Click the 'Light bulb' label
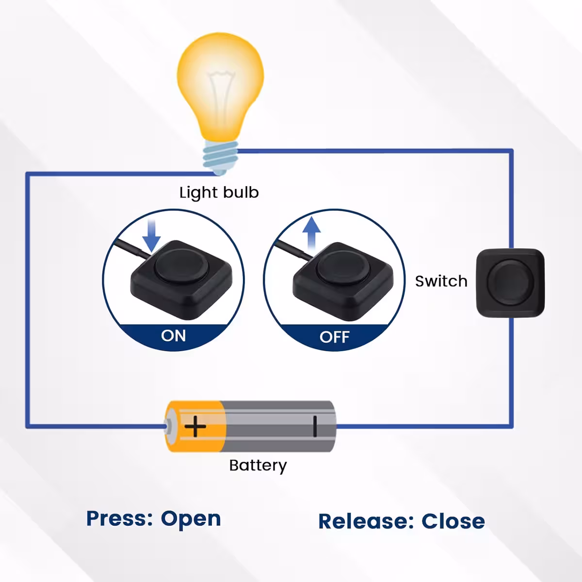tap(219, 193)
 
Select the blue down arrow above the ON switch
tap(153, 236)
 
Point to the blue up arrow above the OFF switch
tap(311, 232)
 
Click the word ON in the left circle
tap(173, 336)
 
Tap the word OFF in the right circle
tap(334, 337)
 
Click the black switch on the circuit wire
tap(510, 283)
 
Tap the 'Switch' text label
tap(441, 281)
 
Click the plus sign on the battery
tap(195, 427)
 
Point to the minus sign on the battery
tap(315, 426)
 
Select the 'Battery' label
tap(258, 466)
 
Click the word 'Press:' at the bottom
tap(119, 518)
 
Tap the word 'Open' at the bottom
tap(191, 519)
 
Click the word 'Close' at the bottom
tap(453, 521)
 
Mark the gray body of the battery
tap(272, 426)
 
